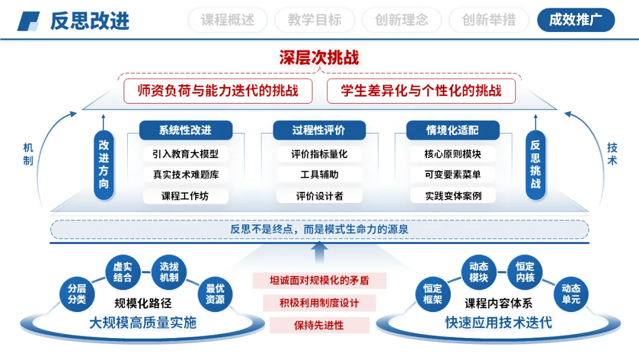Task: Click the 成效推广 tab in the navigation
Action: (x=576, y=20)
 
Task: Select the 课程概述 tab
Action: (x=228, y=20)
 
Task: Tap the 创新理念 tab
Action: (x=402, y=20)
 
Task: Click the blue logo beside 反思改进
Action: (x=28, y=21)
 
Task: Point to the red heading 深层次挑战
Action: (x=319, y=57)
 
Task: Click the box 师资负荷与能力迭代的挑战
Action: (x=217, y=91)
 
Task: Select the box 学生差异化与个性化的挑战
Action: (x=421, y=91)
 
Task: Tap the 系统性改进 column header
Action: (x=185, y=130)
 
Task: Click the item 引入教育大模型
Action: (x=185, y=154)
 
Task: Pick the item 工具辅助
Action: (x=319, y=175)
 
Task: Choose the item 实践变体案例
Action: (x=453, y=196)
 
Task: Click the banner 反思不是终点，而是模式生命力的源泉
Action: (x=319, y=229)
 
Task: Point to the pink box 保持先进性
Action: (x=319, y=325)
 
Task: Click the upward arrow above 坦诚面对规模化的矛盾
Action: (x=319, y=253)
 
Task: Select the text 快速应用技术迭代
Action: (x=498, y=323)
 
